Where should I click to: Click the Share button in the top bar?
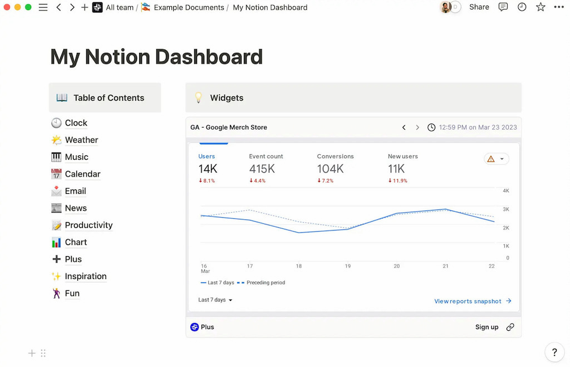click(479, 7)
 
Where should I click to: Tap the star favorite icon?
click(540, 7)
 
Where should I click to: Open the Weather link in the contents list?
click(81, 140)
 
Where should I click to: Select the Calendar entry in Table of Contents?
click(82, 174)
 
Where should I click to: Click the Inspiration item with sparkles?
click(85, 277)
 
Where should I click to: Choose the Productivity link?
click(89, 226)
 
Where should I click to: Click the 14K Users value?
click(208, 169)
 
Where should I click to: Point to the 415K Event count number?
click(262, 169)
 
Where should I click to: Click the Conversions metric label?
click(335, 156)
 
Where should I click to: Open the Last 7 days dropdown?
click(215, 300)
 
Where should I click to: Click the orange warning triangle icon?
click(491, 159)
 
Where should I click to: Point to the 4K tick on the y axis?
click(506, 191)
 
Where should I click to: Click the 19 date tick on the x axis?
click(347, 266)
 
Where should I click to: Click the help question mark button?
click(554, 352)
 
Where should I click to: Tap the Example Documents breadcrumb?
click(189, 8)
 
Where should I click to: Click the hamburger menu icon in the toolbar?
click(43, 8)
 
